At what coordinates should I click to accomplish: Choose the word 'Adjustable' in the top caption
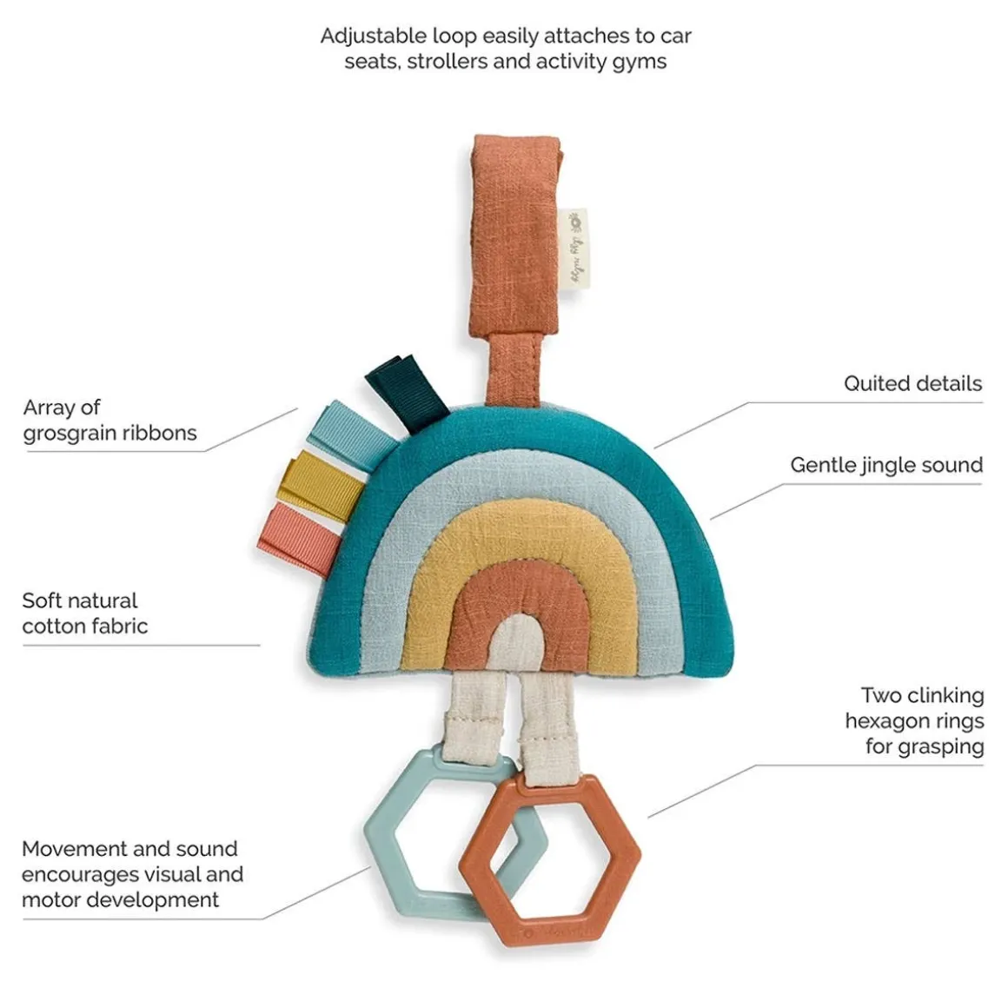(x=375, y=36)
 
